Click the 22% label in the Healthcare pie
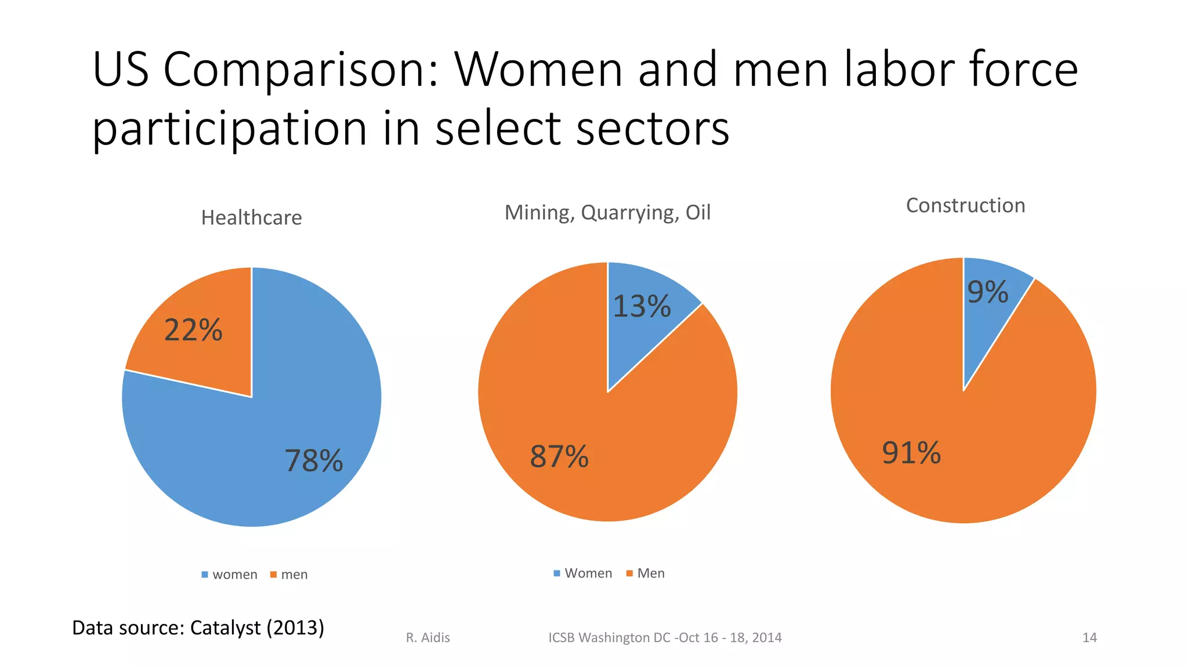193,330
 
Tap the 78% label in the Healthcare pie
314,461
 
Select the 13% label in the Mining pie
642,306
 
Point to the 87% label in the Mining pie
559,456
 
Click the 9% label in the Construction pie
988,292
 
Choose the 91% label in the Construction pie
911,453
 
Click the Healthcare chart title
251,217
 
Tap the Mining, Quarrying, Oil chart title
607,212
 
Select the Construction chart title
965,205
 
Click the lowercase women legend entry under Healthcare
230,575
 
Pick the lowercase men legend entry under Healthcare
289,575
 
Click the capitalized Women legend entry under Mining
583,573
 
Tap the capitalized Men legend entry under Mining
646,573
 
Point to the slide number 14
1089,638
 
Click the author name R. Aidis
428,638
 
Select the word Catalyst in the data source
226,628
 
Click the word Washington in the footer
614,638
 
